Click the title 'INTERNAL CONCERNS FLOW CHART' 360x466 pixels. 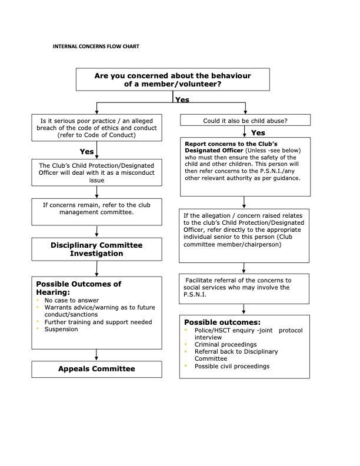pyautogui.click(x=96, y=46)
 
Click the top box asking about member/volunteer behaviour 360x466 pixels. pyautogui.click(x=172, y=79)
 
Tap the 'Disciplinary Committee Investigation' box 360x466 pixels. pyautogui.click(x=96, y=249)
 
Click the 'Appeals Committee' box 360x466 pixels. pyautogui.click(x=96, y=369)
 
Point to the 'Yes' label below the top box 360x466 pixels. pyautogui.click(x=182, y=99)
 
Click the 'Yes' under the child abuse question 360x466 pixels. pyautogui.click(x=258, y=133)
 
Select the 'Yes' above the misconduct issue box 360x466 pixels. pyautogui.click(x=87, y=152)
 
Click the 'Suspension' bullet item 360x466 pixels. pyautogui.click(x=61, y=329)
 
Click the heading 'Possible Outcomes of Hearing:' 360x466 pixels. pyautogui.click(x=79, y=288)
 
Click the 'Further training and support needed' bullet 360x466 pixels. pyautogui.click(x=98, y=322)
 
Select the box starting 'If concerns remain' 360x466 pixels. pyautogui.click(x=96, y=212)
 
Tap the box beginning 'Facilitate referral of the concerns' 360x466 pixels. pyautogui.click(x=244, y=288)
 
